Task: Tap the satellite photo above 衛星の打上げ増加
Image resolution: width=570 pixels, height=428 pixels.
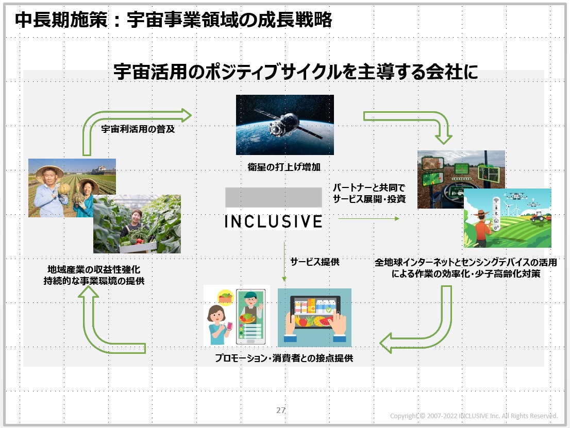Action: pyautogui.click(x=284, y=125)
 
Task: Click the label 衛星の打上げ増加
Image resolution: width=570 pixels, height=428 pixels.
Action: pyautogui.click(x=284, y=167)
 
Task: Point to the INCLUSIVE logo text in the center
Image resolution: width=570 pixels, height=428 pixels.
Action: pyautogui.click(x=273, y=221)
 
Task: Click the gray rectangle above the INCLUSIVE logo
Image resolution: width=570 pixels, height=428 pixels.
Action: pyautogui.click(x=273, y=197)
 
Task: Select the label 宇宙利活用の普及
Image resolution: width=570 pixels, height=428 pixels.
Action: pyautogui.click(x=138, y=129)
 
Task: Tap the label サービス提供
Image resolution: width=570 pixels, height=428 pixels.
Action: pyautogui.click(x=314, y=262)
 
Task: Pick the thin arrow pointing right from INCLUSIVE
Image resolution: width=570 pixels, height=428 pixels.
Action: pyautogui.click(x=368, y=219)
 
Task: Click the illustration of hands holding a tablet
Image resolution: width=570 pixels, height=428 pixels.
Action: pyautogui.click(x=314, y=317)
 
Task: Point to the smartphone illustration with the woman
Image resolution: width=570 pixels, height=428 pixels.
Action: pyautogui.click(x=237, y=315)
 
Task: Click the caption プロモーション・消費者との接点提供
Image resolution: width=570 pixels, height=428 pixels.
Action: pyautogui.click(x=284, y=358)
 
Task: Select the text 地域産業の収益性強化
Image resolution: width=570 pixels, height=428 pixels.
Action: pyautogui.click(x=94, y=269)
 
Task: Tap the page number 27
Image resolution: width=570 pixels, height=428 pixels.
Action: pyautogui.click(x=281, y=410)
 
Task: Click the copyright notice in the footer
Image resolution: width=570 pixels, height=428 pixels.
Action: pyautogui.click(x=474, y=416)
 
